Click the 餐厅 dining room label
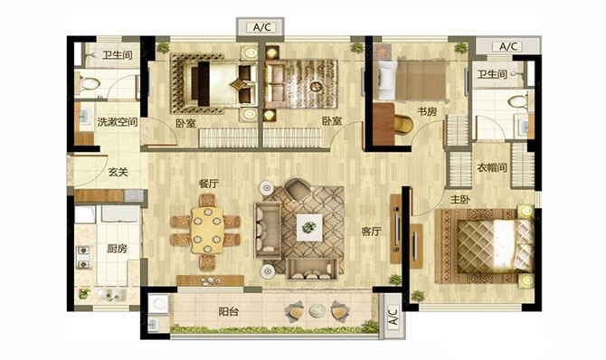(x=208, y=184)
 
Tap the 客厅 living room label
(x=371, y=232)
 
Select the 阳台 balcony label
(x=229, y=312)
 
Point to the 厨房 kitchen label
(x=117, y=249)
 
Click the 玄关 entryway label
(x=118, y=172)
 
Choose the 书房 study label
(x=427, y=112)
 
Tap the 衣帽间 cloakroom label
(x=492, y=168)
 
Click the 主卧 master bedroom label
(x=459, y=200)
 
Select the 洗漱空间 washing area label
(x=118, y=123)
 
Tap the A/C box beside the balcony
(x=393, y=317)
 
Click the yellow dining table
(x=207, y=231)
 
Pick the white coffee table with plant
(x=309, y=227)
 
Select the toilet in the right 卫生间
(x=518, y=102)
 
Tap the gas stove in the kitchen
(x=84, y=258)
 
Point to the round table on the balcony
(x=317, y=310)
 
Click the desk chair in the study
(x=403, y=124)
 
